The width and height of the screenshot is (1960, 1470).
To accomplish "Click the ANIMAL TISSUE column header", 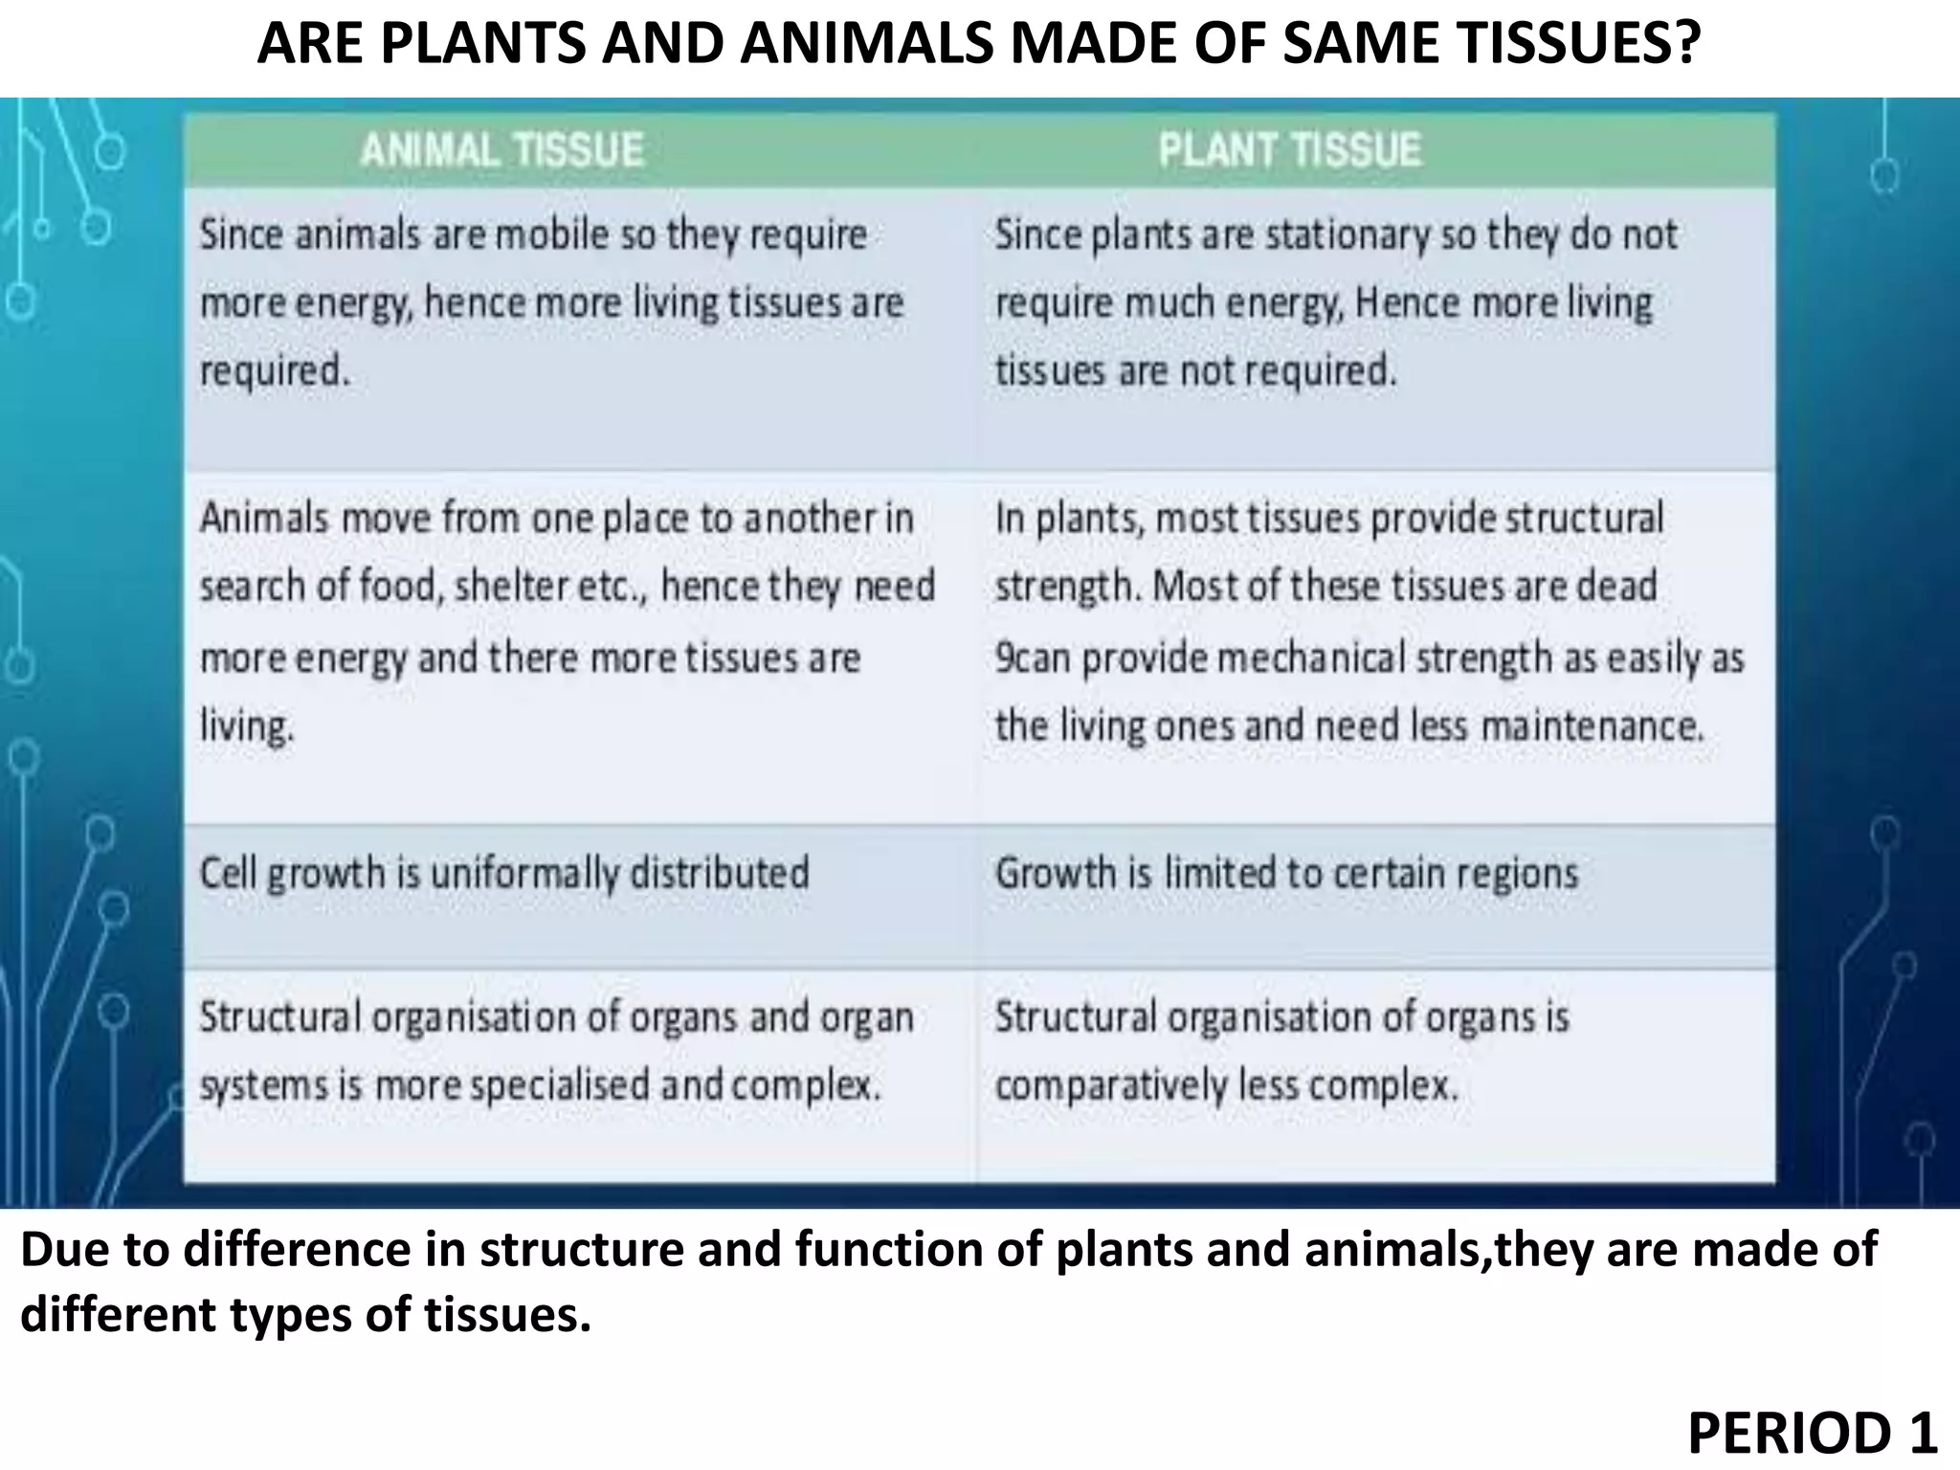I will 501,150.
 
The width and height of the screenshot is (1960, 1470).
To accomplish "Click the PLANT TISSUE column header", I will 1289,150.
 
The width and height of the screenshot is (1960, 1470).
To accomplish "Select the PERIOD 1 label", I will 1812,1433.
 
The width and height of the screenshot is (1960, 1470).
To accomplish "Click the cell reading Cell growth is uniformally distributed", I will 504,874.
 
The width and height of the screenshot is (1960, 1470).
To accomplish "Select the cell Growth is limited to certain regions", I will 1286,874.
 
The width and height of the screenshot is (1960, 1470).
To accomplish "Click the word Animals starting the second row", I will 265,519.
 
